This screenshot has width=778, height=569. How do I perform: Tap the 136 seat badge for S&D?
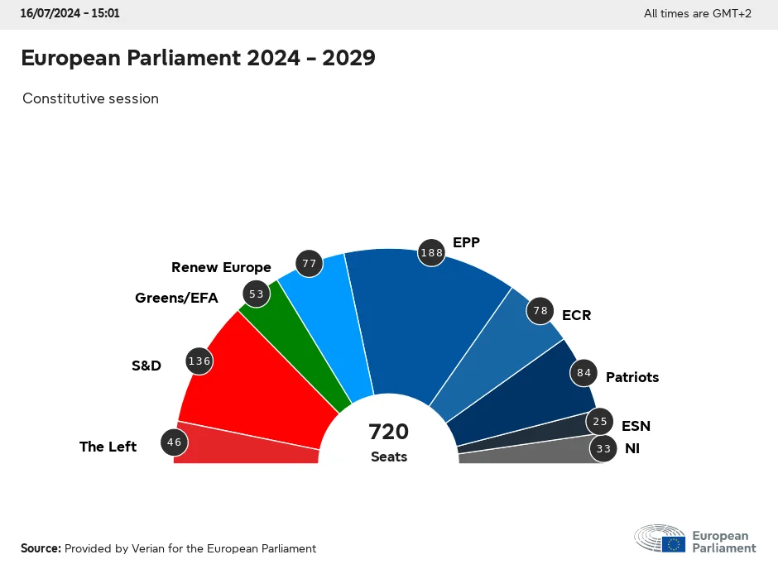199,361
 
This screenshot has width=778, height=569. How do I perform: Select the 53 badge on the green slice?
256,294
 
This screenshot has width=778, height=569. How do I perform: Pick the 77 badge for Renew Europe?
310,264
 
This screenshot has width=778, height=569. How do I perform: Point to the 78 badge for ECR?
540,311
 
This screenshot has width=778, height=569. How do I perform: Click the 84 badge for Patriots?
584,373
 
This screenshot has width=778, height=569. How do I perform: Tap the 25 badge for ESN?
600,422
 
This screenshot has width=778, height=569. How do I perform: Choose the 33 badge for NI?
603,449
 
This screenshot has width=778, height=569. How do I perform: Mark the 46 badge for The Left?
174,442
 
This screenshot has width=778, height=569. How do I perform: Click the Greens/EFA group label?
176,298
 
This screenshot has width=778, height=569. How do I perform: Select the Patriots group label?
632,377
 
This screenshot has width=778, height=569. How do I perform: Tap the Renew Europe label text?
221,267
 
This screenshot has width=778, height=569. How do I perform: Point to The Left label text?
108,447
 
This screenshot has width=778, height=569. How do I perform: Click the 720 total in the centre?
389,432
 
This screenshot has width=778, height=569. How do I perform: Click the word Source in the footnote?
41,548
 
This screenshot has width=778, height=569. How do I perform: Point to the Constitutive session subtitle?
90,98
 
